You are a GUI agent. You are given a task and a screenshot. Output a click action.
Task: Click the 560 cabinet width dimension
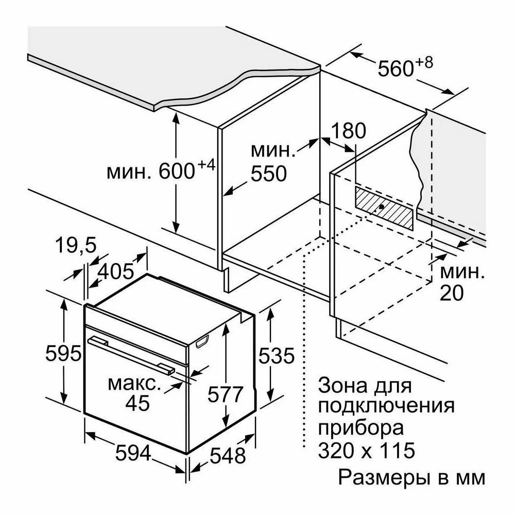(396, 68)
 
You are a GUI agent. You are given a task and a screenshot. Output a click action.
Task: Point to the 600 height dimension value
(176, 171)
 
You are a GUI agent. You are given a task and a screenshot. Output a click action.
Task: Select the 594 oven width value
(132, 454)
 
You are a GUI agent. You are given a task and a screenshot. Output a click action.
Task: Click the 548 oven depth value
(228, 455)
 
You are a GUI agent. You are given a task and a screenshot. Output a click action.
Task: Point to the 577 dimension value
(225, 395)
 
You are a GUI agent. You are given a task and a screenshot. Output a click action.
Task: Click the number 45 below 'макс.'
(137, 403)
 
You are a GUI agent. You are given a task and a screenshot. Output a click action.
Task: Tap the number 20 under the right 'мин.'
(452, 293)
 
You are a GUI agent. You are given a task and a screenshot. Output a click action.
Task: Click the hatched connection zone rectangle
(384, 207)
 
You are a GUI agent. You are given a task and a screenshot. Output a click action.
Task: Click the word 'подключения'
(387, 406)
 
